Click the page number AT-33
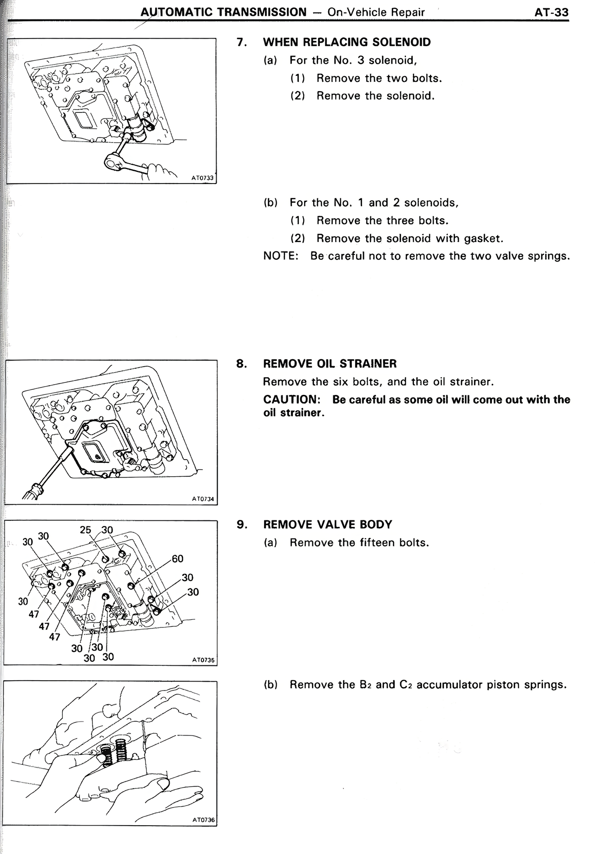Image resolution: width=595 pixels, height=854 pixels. pos(551,13)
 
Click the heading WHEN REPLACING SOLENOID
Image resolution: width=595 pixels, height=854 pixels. pos(347,42)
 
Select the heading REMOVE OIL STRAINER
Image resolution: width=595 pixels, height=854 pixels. pos(330,364)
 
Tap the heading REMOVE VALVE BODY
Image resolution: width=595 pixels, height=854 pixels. pos(327,525)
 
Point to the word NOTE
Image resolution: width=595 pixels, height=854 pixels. pos(280,256)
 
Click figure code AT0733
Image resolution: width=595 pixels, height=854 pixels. pos(203,177)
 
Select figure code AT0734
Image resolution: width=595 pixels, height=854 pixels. pos(203,499)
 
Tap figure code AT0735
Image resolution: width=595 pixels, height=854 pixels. pos(203,659)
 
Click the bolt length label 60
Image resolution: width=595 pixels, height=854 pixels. pos(178,558)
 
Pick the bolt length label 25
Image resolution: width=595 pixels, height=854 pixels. pos(86,530)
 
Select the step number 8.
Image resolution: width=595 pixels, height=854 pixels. pos(241,364)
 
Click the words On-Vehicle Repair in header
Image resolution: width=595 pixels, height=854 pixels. pos(376,13)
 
